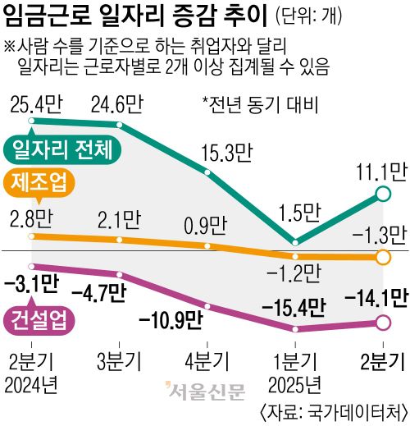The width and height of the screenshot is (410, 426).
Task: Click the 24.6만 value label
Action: click(x=121, y=105)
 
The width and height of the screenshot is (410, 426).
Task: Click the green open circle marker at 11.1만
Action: click(x=381, y=194)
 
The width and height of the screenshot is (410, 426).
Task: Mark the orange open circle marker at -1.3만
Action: click(x=381, y=258)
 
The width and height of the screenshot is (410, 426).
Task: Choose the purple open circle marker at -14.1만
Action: click(x=381, y=323)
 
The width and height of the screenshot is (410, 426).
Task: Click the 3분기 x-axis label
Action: click(x=121, y=361)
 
